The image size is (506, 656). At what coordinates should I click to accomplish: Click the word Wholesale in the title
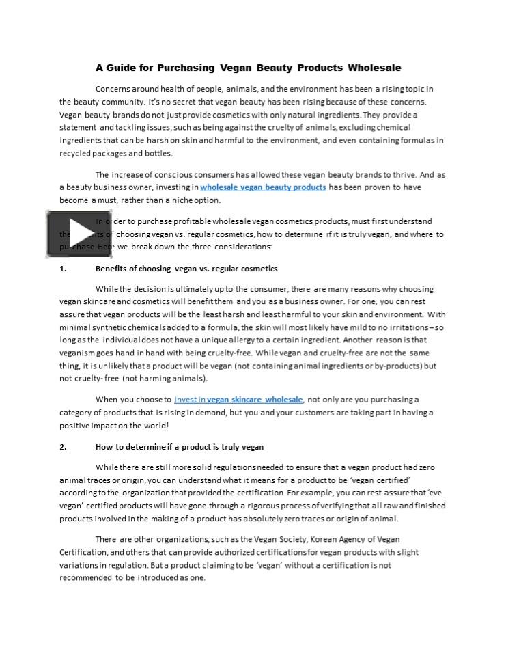pyautogui.click(x=374, y=68)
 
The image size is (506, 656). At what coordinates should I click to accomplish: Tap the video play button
pyautogui.click(x=69, y=234)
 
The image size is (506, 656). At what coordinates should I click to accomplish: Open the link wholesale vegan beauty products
pyautogui.click(x=263, y=187)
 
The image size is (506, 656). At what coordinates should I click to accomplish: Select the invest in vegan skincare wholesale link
pyautogui.click(x=238, y=399)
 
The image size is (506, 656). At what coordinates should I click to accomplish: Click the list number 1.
pyautogui.click(x=63, y=269)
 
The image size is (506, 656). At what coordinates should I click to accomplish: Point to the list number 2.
pyautogui.click(x=63, y=447)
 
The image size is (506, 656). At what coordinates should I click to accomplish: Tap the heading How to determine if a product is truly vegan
pyautogui.click(x=180, y=447)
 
